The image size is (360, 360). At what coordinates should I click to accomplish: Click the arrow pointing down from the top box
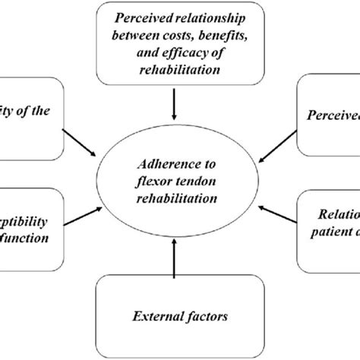(x=175, y=106)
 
